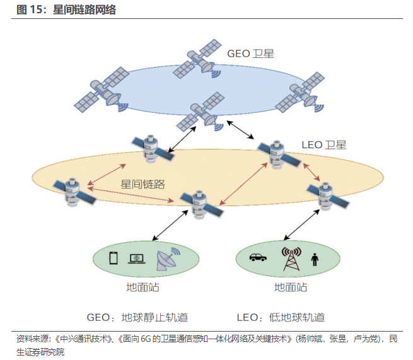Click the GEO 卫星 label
point(250,54)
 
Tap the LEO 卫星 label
point(322,145)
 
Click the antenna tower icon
point(291,258)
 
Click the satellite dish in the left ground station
point(166,260)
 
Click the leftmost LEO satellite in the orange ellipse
point(73,192)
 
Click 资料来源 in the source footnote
point(30,339)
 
